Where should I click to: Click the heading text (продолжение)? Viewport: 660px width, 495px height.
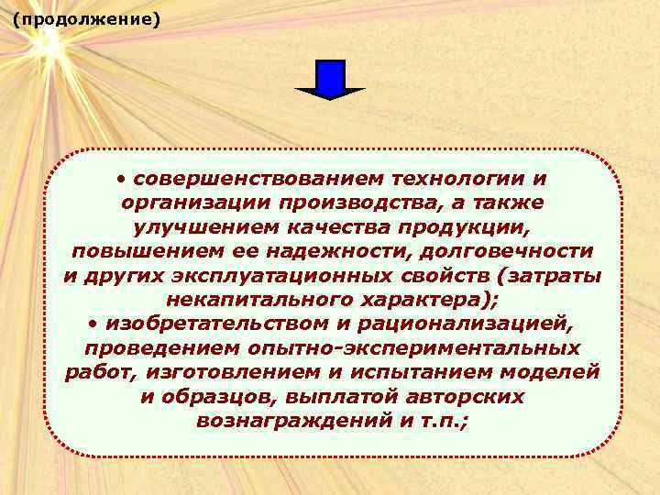(86, 18)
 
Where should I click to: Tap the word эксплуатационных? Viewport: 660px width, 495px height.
(276, 274)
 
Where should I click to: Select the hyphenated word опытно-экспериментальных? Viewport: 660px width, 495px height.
(413, 348)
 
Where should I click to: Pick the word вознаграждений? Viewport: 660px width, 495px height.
(280, 422)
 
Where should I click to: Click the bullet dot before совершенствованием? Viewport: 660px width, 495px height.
(122, 176)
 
